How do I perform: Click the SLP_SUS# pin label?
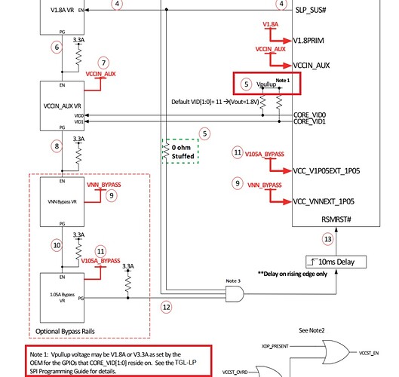pos(311,10)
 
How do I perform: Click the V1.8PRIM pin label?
pos(308,41)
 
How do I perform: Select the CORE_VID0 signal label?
pos(309,115)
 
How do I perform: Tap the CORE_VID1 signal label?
pos(309,121)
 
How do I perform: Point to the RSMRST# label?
pos(336,219)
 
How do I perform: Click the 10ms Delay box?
pos(336,262)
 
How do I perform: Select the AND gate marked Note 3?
pos(235,294)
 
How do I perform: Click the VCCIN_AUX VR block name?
pos(63,106)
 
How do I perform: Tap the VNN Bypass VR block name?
pos(63,202)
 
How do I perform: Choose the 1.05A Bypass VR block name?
pos(63,297)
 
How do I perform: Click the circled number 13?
pos(328,239)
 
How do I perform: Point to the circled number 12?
pos(167,308)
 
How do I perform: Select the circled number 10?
pos(57,245)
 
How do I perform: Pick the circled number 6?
pos(57,48)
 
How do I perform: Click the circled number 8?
pos(57,146)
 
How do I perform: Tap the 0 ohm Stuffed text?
pos(183,152)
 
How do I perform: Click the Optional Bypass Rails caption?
pos(65,332)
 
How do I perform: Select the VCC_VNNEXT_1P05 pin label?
pos(324,202)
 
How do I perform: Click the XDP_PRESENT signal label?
pos(275,346)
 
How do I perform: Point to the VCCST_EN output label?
pos(369,353)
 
